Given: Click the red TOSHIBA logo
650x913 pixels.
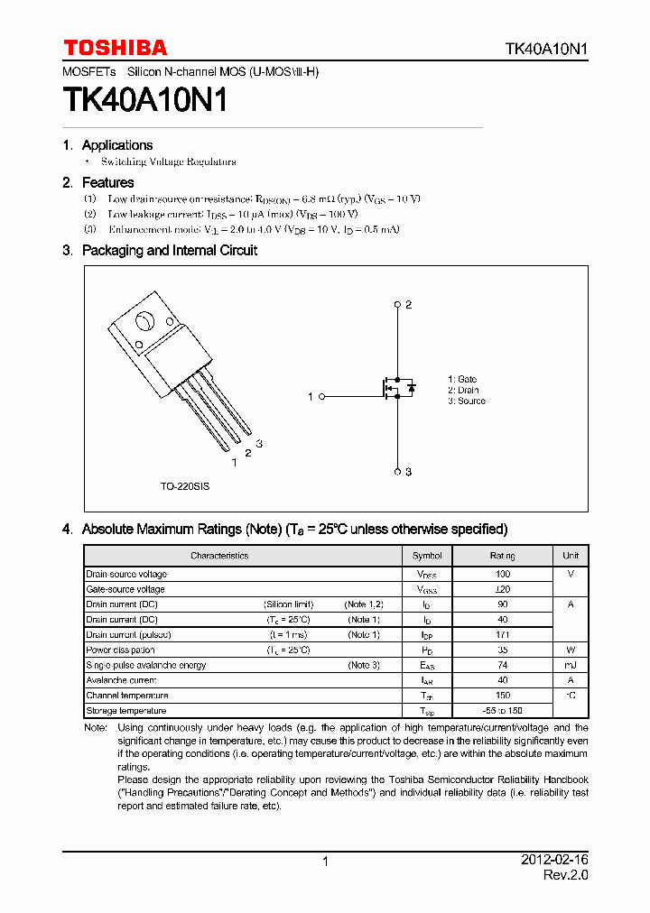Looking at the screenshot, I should (x=115, y=48).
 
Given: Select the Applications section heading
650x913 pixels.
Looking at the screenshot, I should (x=116, y=145).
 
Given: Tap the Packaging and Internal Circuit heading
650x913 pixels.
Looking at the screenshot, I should (x=169, y=251).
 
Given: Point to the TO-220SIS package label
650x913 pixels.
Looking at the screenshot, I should (x=185, y=486).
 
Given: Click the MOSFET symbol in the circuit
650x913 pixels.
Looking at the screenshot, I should (x=395, y=388).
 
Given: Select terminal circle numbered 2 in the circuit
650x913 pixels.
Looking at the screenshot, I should (x=397, y=305).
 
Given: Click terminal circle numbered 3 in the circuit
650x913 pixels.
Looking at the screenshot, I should (x=397, y=471).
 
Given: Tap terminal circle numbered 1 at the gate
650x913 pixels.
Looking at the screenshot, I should (x=322, y=396).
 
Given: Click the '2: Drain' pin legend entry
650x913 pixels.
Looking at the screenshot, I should (x=463, y=391).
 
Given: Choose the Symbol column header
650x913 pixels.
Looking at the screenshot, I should (x=427, y=556).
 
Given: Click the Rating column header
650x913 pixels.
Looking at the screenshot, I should (x=503, y=556).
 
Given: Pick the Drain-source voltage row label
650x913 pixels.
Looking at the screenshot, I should (x=126, y=574).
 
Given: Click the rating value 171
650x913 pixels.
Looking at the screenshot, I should (x=503, y=635).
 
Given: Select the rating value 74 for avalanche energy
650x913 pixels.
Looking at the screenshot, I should (x=503, y=665).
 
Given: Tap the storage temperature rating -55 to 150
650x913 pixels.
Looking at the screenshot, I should (x=503, y=711).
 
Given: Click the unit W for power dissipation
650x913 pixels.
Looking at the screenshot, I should (x=571, y=650).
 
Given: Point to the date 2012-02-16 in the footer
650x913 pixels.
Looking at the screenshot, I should (x=554, y=861).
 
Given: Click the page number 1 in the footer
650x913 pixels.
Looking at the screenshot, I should (x=325, y=862).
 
